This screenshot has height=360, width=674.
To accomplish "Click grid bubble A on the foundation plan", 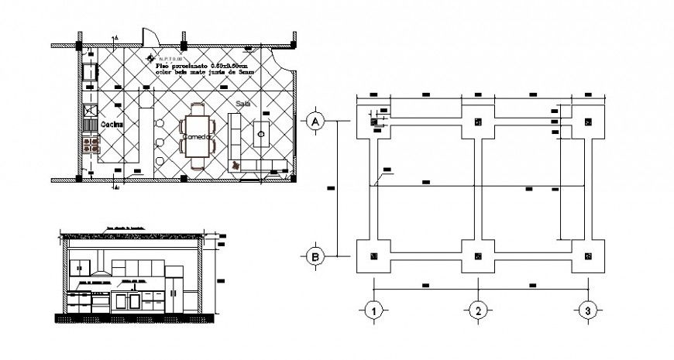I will (315, 122).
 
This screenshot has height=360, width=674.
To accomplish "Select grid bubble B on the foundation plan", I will (315, 257).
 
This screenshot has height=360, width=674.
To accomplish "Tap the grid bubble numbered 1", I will (373, 311).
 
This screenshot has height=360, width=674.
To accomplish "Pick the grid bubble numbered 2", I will (479, 311).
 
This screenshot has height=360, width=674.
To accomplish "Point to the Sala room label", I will (242, 102).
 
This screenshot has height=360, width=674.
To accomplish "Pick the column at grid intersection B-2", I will (479, 256).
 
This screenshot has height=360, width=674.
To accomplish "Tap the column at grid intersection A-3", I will (588, 122).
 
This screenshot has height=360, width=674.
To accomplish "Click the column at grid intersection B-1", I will (373, 256).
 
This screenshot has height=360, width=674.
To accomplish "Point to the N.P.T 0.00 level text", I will (169, 59).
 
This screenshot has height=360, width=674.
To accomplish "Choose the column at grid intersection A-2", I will (479, 122).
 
